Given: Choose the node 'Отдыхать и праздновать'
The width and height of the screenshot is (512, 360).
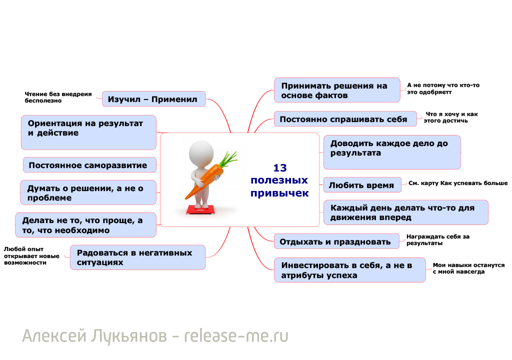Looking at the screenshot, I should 336,241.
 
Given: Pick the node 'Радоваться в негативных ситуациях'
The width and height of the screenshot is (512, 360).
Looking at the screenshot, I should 137,257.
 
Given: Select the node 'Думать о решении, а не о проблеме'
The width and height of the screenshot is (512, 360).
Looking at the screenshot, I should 88,192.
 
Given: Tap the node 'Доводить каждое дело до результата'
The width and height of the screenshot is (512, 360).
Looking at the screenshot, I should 391,151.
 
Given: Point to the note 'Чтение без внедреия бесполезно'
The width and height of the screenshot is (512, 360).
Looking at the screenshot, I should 58,97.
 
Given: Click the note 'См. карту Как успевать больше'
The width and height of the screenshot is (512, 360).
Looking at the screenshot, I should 457,183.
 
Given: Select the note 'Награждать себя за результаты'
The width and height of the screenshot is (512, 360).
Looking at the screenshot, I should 438,239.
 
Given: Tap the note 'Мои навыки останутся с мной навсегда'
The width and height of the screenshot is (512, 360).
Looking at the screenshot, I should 468,268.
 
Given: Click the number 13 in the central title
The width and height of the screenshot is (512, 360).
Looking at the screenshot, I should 279,168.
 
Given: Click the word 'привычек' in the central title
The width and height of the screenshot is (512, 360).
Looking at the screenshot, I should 279,193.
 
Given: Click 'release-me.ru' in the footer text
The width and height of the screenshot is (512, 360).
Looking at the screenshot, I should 236,336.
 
